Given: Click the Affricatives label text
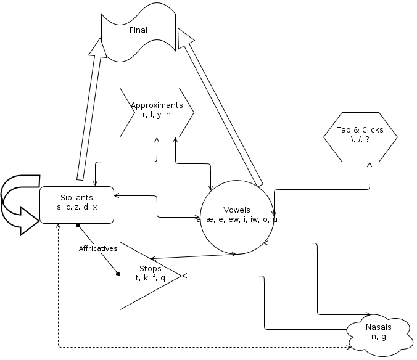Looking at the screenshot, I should coord(98,249).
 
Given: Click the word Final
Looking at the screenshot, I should coord(138,30).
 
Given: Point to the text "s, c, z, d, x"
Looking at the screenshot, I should coord(76,208).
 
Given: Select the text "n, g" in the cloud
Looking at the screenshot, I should coord(379,337).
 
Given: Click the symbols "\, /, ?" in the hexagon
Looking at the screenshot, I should coord(360,140).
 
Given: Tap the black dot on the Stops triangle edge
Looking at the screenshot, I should coord(118,274).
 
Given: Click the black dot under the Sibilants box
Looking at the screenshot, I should coord(78,226).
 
